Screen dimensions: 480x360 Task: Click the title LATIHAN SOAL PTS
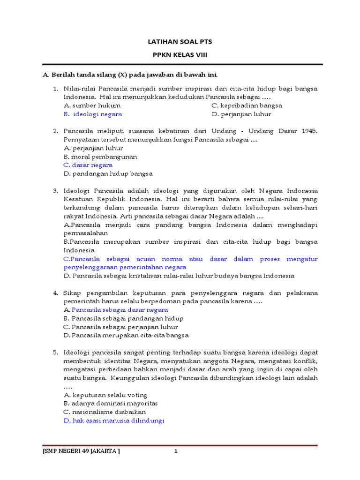[180, 42]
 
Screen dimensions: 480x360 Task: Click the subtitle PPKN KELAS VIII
[180, 55]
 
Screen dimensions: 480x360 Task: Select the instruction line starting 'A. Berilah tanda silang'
[130, 75]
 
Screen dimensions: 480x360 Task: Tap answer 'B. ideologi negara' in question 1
[93, 114]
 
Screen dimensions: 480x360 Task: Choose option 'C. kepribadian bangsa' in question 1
[247, 105]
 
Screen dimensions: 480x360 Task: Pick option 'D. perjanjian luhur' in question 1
[241, 114]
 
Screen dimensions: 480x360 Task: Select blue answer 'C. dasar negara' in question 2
[88, 165]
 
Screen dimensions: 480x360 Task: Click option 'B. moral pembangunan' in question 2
[100, 157]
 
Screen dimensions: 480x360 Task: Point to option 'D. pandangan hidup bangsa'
[108, 173]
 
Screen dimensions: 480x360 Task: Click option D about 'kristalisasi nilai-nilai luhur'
[179, 276]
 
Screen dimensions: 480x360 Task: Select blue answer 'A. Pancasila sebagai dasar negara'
[115, 310]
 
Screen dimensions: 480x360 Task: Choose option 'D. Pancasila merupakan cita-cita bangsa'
[126, 335]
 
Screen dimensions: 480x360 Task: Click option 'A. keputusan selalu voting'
[105, 395]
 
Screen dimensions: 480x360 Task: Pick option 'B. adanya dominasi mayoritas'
[110, 403]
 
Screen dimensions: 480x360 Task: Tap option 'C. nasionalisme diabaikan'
[105, 412]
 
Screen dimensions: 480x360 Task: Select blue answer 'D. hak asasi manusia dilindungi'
[114, 420]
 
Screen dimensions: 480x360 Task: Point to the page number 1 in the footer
[176, 451]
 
